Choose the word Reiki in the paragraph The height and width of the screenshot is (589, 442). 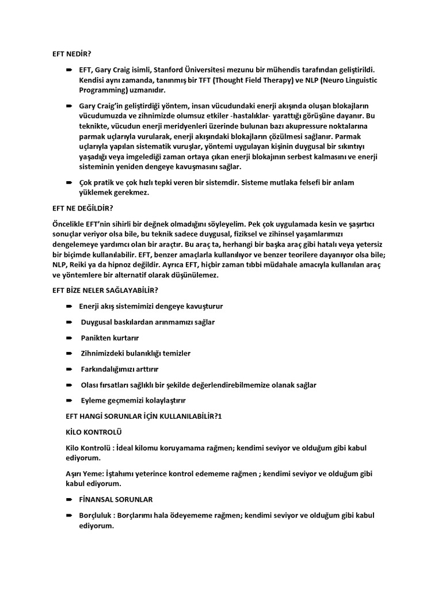(x=82, y=265)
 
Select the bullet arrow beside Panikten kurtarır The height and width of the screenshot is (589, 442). (x=69, y=338)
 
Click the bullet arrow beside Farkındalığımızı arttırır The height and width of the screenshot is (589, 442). (x=69, y=369)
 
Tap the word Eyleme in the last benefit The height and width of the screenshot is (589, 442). (x=94, y=400)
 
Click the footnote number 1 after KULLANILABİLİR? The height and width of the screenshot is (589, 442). (x=219, y=415)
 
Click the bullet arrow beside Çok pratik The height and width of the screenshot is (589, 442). (x=69, y=182)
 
